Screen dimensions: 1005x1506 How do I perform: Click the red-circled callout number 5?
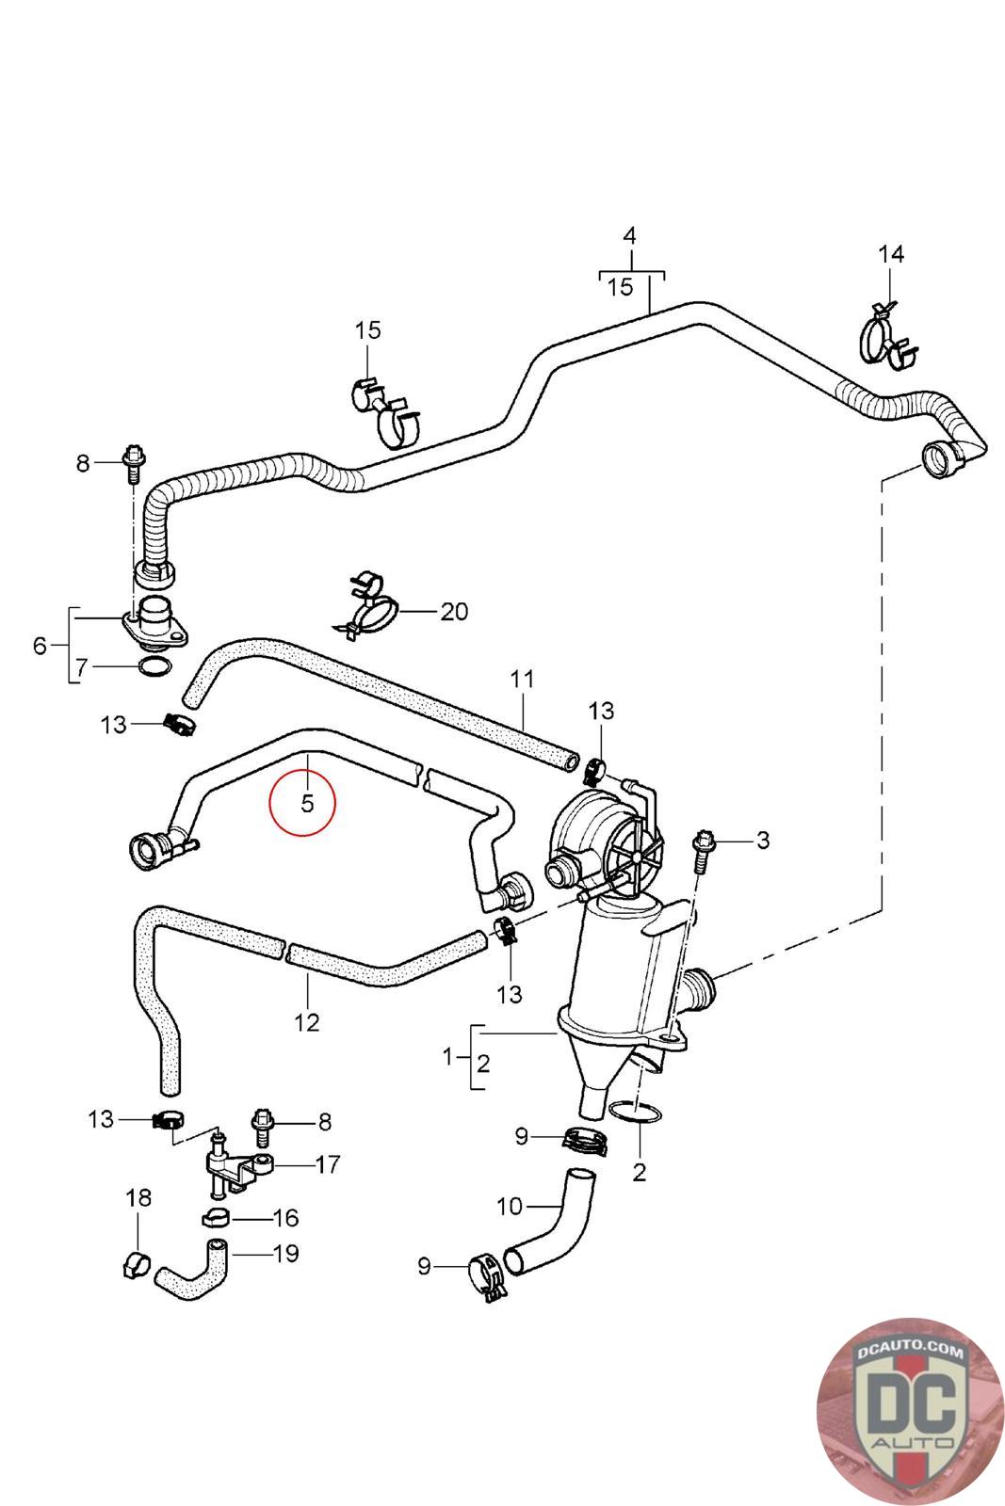point(307,803)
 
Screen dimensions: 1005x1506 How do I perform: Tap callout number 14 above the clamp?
point(891,254)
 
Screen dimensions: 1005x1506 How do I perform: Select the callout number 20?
point(454,612)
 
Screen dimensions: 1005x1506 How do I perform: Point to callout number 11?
point(522,679)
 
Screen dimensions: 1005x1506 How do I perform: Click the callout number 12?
point(307,1022)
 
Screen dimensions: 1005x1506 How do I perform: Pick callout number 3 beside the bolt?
point(763,840)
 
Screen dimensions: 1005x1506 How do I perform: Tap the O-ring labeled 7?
point(154,667)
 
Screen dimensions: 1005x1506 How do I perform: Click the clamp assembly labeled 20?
point(366,606)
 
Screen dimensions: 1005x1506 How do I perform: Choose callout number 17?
point(328,1164)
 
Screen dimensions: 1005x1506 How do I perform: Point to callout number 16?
point(286,1218)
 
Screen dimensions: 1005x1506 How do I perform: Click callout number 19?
point(286,1253)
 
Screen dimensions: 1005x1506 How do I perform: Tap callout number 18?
point(138,1197)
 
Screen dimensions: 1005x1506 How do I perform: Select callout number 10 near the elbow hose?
point(510,1206)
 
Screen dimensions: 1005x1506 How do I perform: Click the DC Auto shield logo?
point(910,1411)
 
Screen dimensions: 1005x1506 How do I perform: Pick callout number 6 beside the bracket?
point(40,646)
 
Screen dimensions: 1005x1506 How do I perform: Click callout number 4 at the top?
point(629,236)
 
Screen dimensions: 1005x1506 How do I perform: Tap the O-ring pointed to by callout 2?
point(634,1112)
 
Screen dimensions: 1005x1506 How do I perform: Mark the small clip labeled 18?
point(138,1265)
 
